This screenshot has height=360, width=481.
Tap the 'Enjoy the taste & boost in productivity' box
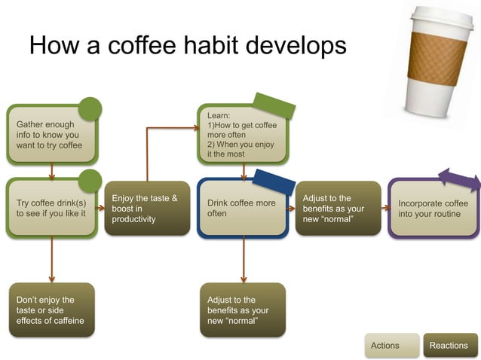pos(146,209)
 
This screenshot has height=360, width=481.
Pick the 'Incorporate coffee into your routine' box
pos(434,209)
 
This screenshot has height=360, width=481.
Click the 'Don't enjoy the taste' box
pos(51,310)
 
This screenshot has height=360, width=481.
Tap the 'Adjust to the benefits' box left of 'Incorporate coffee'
pos(338,209)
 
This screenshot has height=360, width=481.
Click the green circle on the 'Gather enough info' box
pos(90,109)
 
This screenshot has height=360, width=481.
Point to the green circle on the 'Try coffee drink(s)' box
pos(90,181)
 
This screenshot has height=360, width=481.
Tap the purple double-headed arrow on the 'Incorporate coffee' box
pos(458,179)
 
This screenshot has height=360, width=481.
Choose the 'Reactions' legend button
pos(449,345)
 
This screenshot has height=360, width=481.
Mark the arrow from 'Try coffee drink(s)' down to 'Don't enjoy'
pos(51,260)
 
